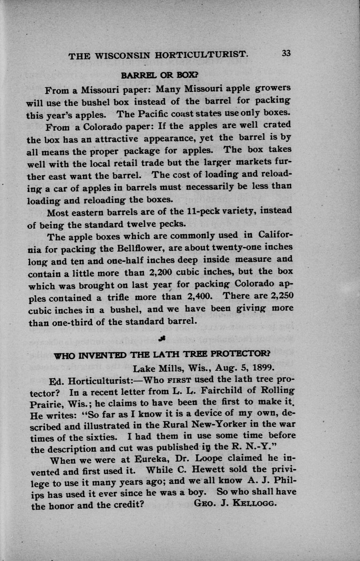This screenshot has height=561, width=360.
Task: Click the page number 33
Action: [x=286, y=53]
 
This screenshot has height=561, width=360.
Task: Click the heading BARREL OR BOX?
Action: [x=160, y=75]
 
